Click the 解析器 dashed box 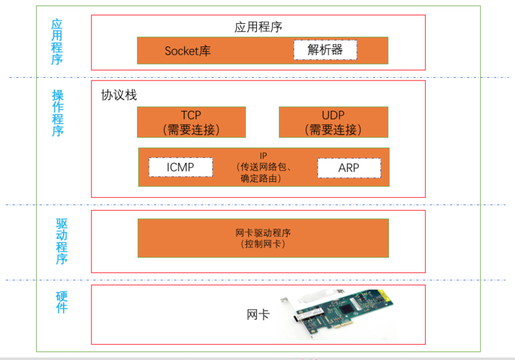pos(325,50)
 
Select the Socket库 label pos(187,51)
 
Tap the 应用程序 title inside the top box pos(258,27)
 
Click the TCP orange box pos(191,122)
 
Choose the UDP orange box pos(333,122)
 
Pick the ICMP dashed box pos(180,167)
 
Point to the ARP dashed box pos(348,168)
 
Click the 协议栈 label pos(119,95)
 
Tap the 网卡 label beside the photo pos(258,315)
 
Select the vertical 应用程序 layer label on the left pos(57,42)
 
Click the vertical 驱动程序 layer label pos(61,242)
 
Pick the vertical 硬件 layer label pos(61,302)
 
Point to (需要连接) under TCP pos(191,129)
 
